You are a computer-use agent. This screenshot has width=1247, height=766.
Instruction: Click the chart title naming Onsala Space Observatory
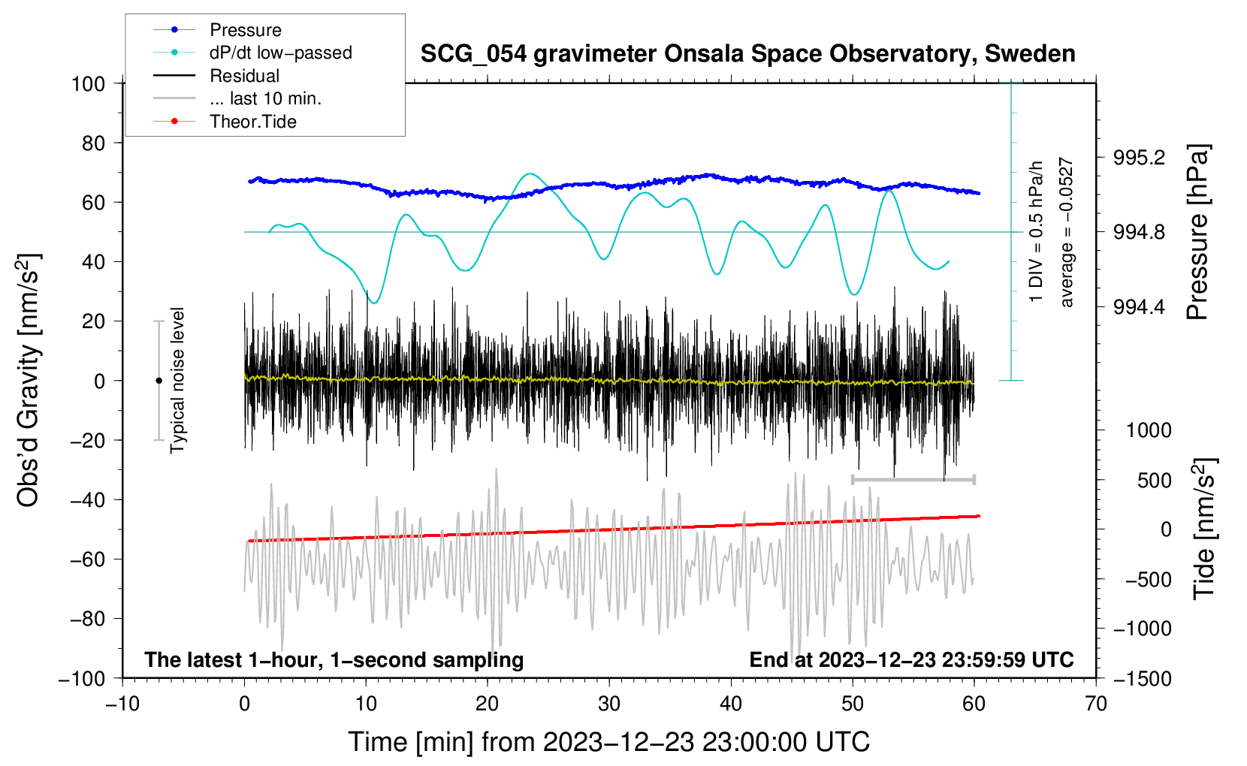(x=747, y=54)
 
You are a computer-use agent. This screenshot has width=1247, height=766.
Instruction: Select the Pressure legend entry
(x=245, y=30)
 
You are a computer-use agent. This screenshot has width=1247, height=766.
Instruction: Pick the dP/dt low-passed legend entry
(x=280, y=53)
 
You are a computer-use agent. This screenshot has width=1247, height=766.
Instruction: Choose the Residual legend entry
(x=244, y=76)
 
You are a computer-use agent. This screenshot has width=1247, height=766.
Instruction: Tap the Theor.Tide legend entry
(x=252, y=122)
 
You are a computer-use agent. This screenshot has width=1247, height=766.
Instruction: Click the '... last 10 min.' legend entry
(x=265, y=98)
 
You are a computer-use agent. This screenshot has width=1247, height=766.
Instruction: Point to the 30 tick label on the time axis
(x=609, y=704)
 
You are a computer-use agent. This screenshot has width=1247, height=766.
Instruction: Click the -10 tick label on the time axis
(x=122, y=704)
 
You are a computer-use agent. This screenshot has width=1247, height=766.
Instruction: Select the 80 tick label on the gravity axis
(x=93, y=143)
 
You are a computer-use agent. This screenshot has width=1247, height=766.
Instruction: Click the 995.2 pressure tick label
(x=1140, y=158)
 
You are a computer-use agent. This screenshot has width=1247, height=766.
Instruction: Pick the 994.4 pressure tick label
(x=1140, y=307)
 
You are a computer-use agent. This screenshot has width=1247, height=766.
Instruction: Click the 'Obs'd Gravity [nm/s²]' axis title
(x=29, y=380)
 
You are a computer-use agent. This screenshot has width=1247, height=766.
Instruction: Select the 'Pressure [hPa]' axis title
(x=1199, y=232)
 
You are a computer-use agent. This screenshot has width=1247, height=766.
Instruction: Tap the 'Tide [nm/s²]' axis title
(x=1204, y=528)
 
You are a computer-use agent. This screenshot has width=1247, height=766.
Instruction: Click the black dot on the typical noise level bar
(x=159, y=381)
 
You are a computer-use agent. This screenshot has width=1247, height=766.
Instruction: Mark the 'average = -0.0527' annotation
(x=1067, y=232)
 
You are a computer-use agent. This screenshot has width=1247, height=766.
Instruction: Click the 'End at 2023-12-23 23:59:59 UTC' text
(x=911, y=659)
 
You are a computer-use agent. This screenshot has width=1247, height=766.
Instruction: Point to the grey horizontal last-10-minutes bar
(x=913, y=479)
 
